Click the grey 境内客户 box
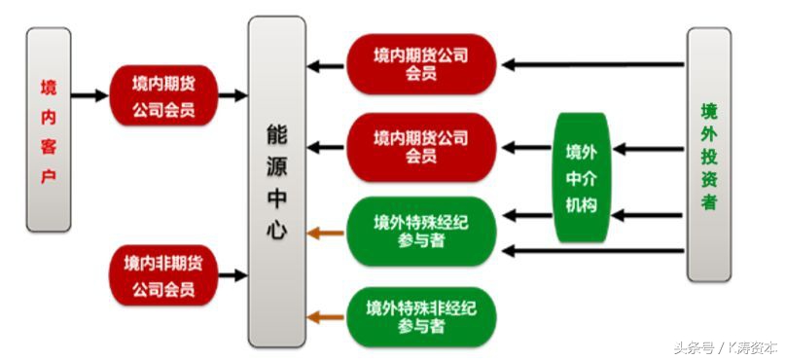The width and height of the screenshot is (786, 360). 49,129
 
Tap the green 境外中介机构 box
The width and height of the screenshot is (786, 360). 581,178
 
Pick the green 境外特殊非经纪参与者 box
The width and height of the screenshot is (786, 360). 421,317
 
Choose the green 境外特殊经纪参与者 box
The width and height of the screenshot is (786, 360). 421,231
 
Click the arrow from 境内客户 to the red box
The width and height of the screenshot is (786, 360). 90,96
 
